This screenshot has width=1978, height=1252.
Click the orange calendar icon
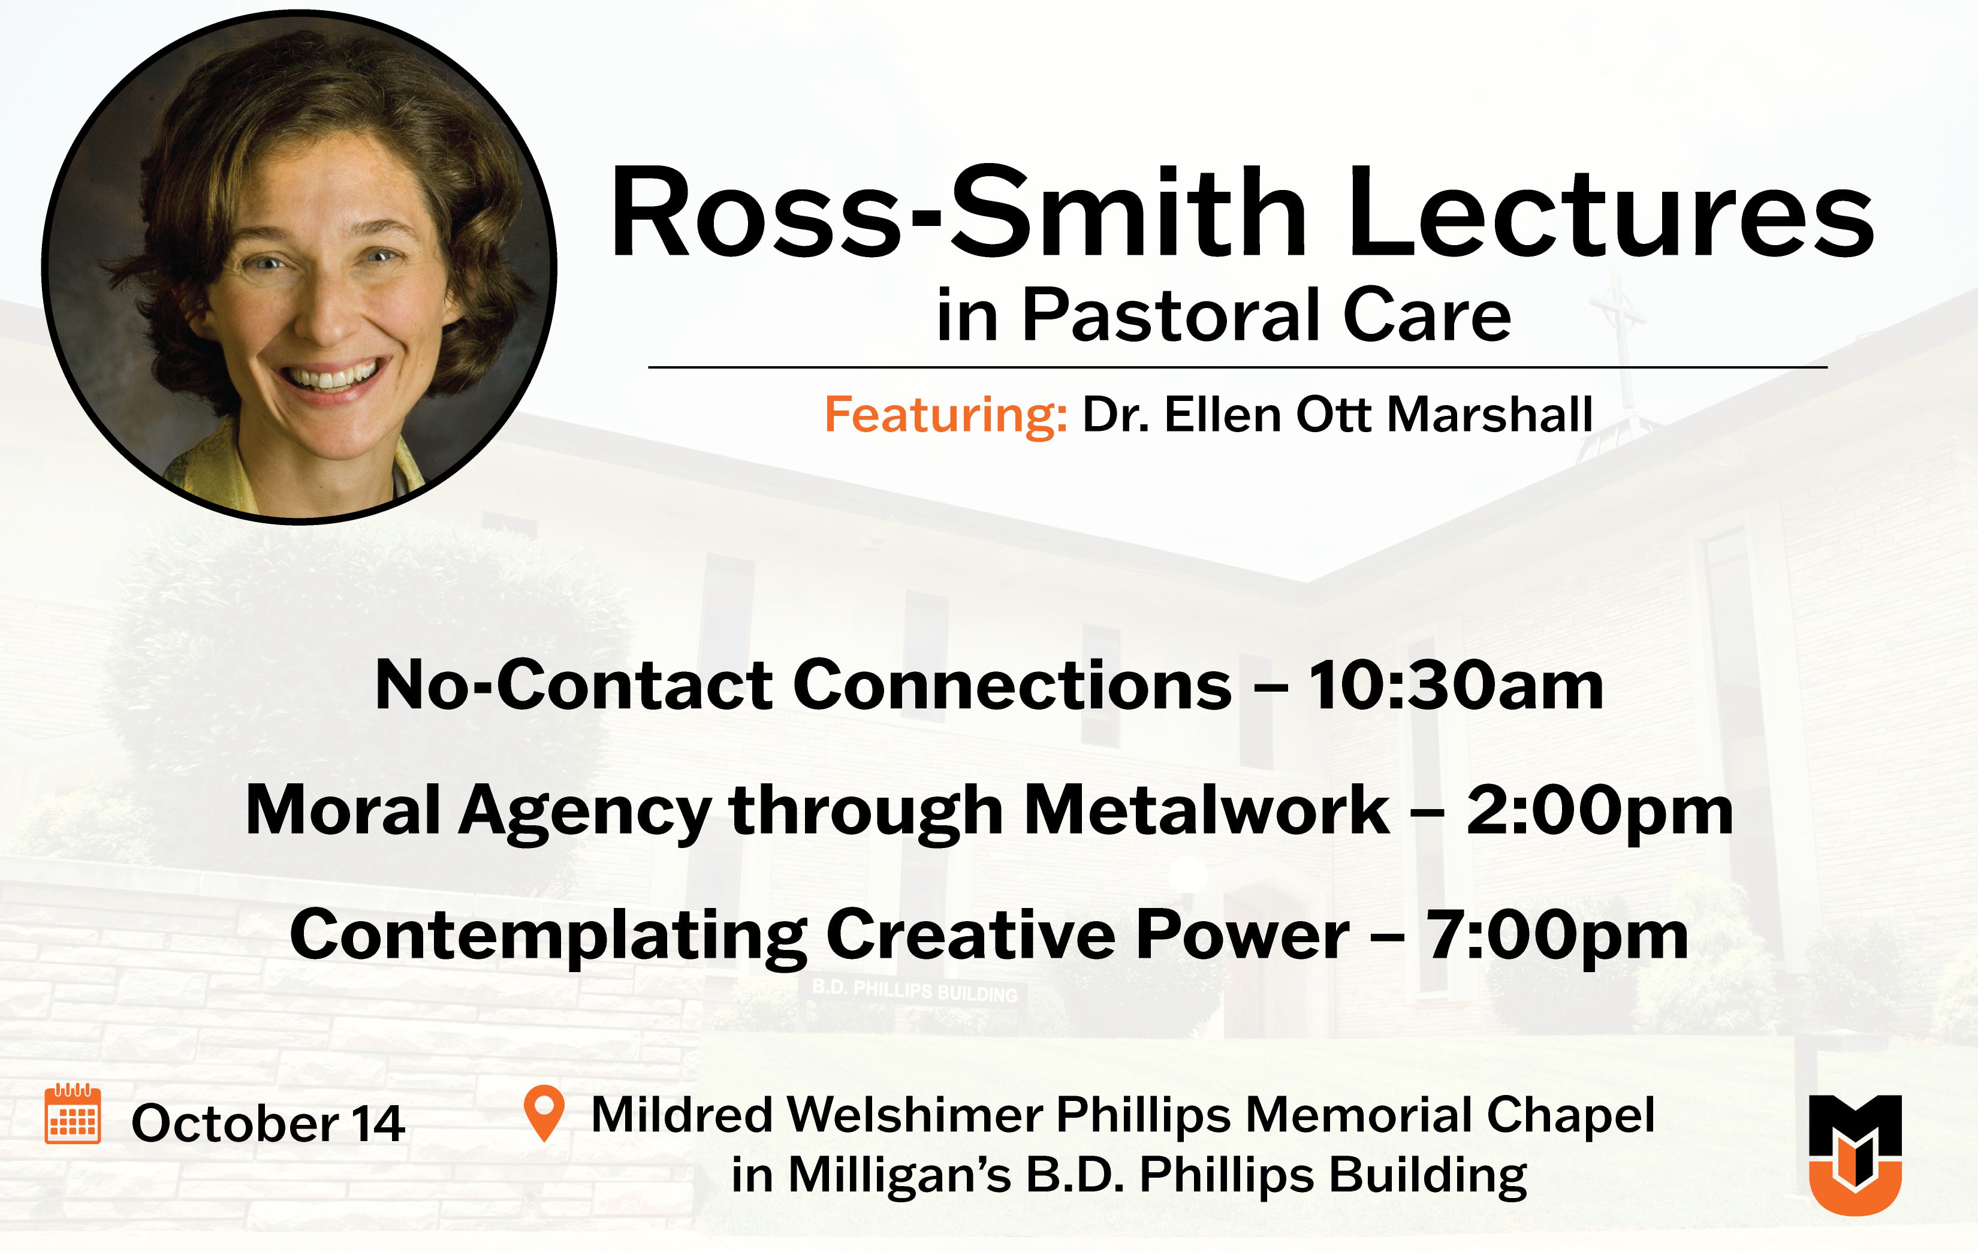click(x=73, y=1114)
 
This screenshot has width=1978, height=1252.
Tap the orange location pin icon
click(x=543, y=1113)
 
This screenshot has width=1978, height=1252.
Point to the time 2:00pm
click(x=1599, y=811)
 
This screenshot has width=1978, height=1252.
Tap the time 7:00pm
click(x=1557, y=936)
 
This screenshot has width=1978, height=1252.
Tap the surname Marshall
click(x=1490, y=414)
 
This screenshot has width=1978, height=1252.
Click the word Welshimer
click(x=915, y=1115)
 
